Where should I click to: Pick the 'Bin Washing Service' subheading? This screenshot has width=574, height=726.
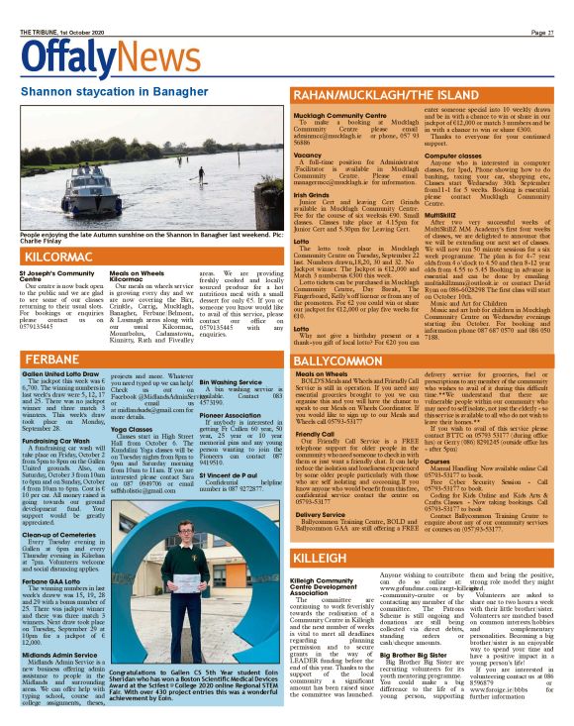click(233, 381)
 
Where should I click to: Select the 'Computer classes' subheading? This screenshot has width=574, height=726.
click(454, 156)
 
